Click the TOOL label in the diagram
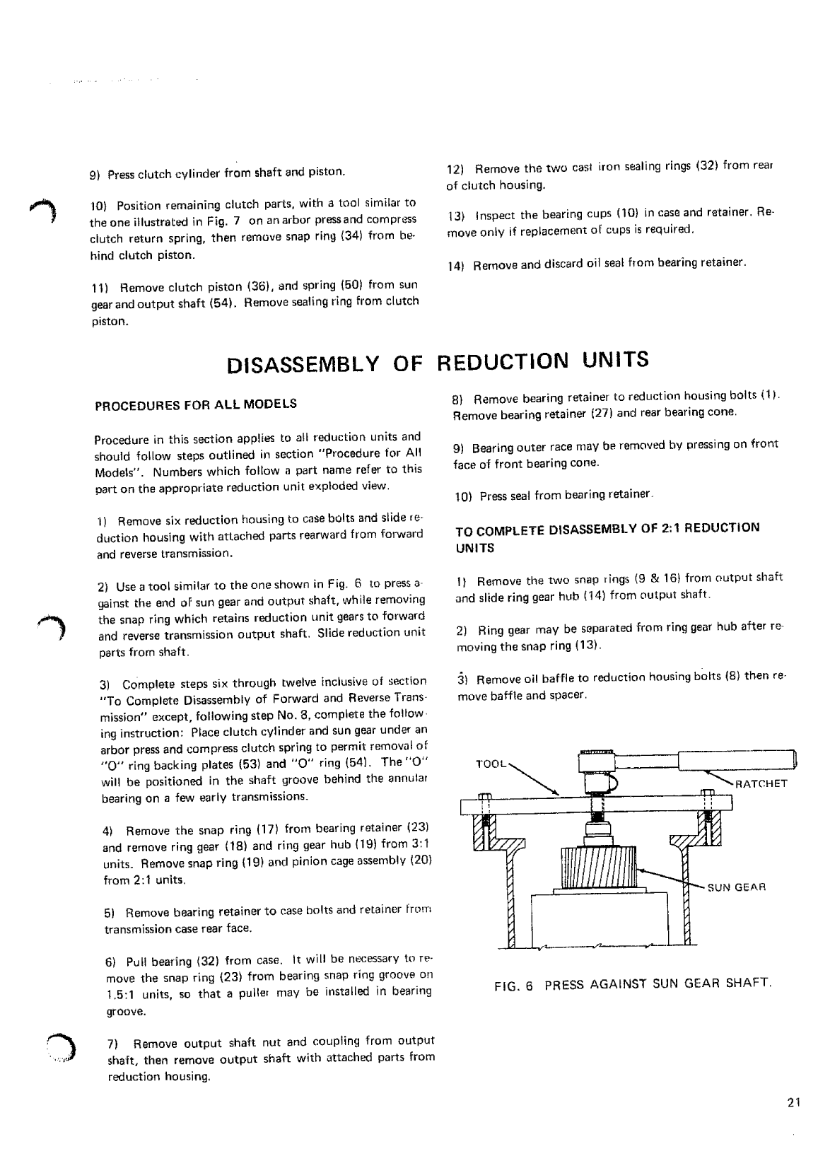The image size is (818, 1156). (490, 764)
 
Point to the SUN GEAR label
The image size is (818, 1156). (737, 887)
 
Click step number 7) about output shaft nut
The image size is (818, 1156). (112, 1043)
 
